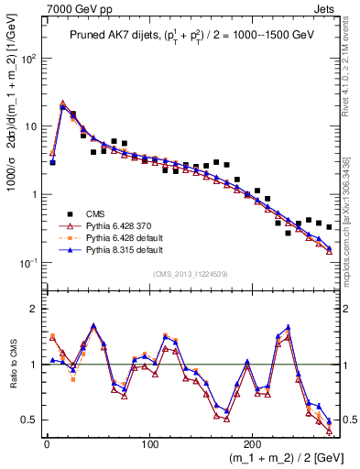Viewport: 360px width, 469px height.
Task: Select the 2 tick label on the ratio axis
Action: click(35, 309)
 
